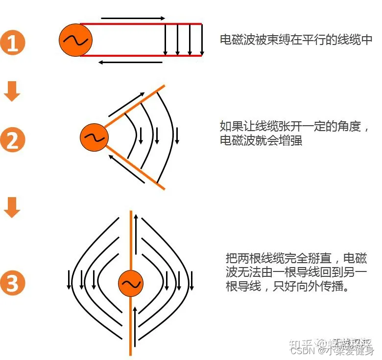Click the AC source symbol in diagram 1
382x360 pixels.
pyautogui.click(x=75, y=40)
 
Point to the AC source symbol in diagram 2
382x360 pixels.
pyautogui.click(x=94, y=137)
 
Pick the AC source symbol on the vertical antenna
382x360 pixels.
pyautogui.click(x=131, y=284)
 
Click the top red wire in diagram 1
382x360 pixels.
pyautogui.click(x=142, y=23)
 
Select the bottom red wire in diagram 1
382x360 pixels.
pyautogui.click(x=142, y=56)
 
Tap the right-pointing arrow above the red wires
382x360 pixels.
pyautogui.click(x=134, y=18)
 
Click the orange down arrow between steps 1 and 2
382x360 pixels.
pyautogui.click(x=12, y=92)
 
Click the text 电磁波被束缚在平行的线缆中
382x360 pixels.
pyautogui.click(x=296, y=40)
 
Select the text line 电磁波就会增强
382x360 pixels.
pyautogui.click(x=261, y=140)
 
